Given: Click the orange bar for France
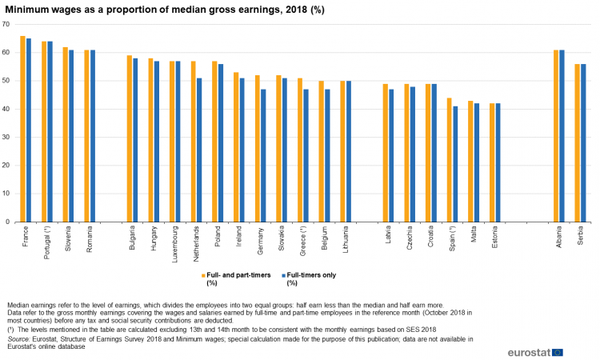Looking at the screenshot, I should pos(23,129).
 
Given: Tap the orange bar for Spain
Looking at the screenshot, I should pos(450,160).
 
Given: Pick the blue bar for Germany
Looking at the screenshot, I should pos(263,155).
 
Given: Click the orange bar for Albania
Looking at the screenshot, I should pos(556,136).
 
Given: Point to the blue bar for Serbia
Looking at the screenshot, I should pos(583,142).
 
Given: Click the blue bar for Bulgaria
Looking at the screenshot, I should pos(135,140).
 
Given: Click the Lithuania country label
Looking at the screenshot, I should pos(346,239).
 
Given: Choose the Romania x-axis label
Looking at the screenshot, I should pos(90,238).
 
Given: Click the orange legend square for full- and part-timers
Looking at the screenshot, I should pos(202,275).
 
